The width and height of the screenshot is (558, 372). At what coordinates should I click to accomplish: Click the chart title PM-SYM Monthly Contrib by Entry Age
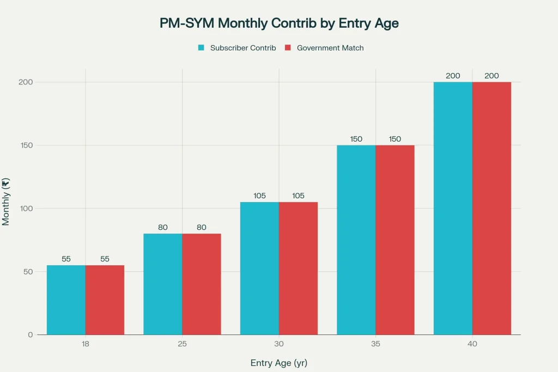pyautogui.click(x=279, y=23)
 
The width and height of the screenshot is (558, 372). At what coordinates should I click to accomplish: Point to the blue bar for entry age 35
pyautogui.click(x=356, y=240)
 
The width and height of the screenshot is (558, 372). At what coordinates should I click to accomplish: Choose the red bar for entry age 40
pyautogui.click(x=492, y=208)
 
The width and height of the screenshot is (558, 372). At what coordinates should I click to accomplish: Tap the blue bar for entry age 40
pyautogui.click(x=453, y=208)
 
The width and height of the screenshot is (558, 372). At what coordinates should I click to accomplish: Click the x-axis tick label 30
pyautogui.click(x=279, y=345)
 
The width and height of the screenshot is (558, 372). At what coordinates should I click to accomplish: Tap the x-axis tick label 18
pyautogui.click(x=86, y=345)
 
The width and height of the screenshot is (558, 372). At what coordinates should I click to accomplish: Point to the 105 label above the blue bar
pyautogui.click(x=259, y=196)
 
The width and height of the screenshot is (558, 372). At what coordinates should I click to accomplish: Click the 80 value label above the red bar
pyautogui.click(x=202, y=227)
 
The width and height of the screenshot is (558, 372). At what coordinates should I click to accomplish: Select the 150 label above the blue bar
pyautogui.click(x=356, y=139)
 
